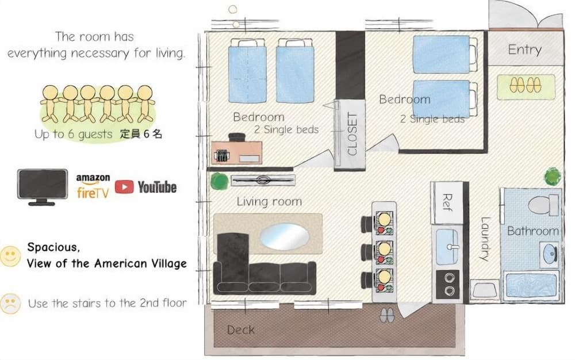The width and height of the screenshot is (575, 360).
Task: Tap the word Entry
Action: click(x=524, y=50)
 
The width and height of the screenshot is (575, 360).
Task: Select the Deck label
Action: click(x=240, y=330)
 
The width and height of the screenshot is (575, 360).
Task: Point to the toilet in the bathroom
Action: click(x=542, y=205)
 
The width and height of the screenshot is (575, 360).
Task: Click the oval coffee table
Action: click(x=284, y=235)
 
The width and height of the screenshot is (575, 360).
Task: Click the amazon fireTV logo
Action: click(x=93, y=186)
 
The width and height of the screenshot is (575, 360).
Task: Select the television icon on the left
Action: click(x=42, y=186)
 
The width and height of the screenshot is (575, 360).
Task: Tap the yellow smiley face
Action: click(x=10, y=256)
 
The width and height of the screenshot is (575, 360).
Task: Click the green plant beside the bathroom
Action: click(x=552, y=176)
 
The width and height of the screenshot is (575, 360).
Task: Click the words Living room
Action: click(x=269, y=202)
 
